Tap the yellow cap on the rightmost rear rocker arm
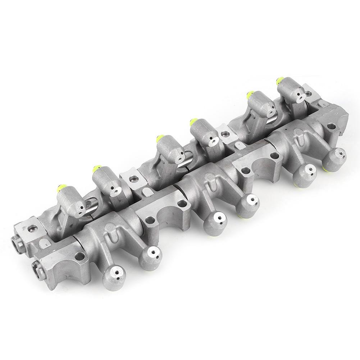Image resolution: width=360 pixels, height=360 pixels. click(x=279, y=79)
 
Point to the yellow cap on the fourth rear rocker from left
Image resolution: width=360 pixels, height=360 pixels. click(x=193, y=119)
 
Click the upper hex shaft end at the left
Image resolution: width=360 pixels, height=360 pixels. click(x=17, y=242)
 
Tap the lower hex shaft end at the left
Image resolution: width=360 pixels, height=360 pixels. click(x=36, y=267)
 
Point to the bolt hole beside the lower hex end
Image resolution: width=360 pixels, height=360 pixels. click(x=80, y=256)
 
